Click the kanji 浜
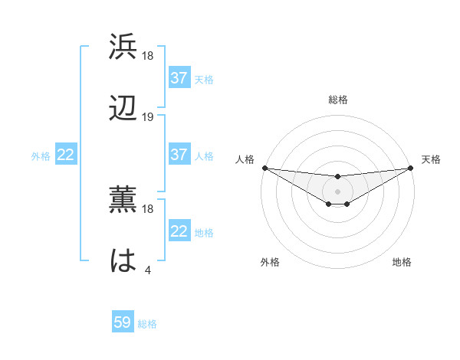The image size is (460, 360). point(123,47)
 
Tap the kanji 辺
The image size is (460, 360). point(123,108)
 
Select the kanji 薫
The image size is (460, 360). point(123,200)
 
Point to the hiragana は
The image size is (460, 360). point(123,261)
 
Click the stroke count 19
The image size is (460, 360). point(148,117)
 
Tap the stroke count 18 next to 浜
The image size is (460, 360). point(148,56)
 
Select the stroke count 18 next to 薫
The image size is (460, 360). point(148,208)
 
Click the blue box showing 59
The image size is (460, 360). point(123,322)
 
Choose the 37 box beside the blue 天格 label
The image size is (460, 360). point(179,78)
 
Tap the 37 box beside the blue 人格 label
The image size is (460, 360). point(179,155)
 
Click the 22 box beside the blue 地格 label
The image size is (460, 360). point(179,231)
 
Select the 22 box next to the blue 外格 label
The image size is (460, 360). point(66,155)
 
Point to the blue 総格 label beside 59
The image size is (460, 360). point(147,324)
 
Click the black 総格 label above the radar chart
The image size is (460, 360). point(337,100)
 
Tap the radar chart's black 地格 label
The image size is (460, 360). point(402,262)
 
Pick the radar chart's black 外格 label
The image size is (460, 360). point(270,262)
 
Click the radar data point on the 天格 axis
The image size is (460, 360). point(410,168)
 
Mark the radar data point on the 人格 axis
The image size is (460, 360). point(264,168)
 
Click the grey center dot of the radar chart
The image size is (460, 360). point(337,191)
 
